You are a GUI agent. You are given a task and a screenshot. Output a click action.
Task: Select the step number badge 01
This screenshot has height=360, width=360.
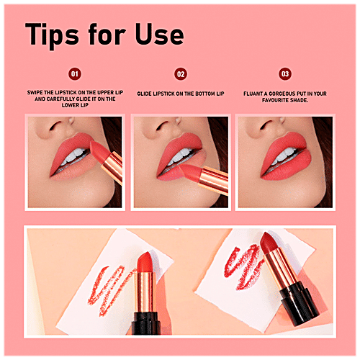pos(74,73)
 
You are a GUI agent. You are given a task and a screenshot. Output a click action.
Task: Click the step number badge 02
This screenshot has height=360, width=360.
pos(181,73)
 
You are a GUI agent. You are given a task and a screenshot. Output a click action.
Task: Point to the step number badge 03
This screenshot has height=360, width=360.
pos(285,73)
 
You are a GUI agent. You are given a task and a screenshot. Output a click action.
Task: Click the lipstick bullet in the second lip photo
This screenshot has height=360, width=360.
pos(192,174)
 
